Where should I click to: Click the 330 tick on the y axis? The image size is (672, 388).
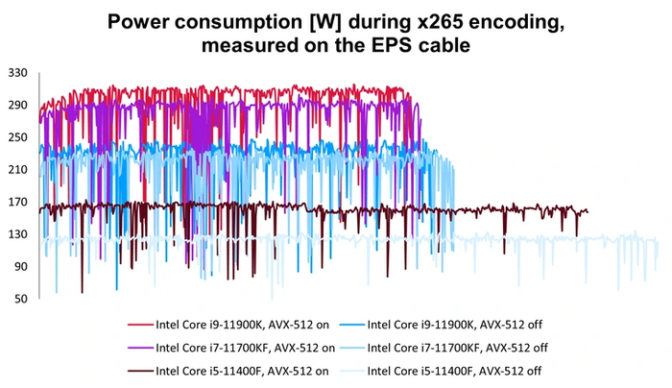coord(16,72)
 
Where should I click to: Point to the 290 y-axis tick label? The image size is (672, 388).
coord(16,105)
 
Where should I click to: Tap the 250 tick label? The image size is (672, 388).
coord(16,137)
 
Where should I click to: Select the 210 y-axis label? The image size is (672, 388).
coord(16,169)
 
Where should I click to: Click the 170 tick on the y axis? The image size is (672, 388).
coord(16,202)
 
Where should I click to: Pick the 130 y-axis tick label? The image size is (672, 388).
coord(16,234)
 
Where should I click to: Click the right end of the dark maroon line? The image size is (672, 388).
coord(588,211)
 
